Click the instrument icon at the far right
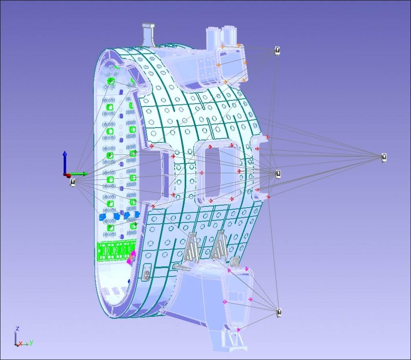click(384, 158)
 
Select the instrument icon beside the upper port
click(277, 51)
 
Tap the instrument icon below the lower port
click(279, 312)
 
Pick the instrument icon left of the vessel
click(73, 182)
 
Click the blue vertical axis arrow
click(65, 162)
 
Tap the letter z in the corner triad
click(18, 328)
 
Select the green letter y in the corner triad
click(31, 342)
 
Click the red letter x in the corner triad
click(20, 344)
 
